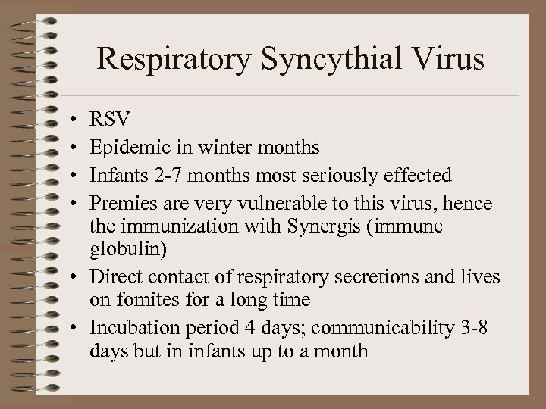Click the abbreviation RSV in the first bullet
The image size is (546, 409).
tap(109, 119)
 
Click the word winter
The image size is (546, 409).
tap(221, 147)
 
